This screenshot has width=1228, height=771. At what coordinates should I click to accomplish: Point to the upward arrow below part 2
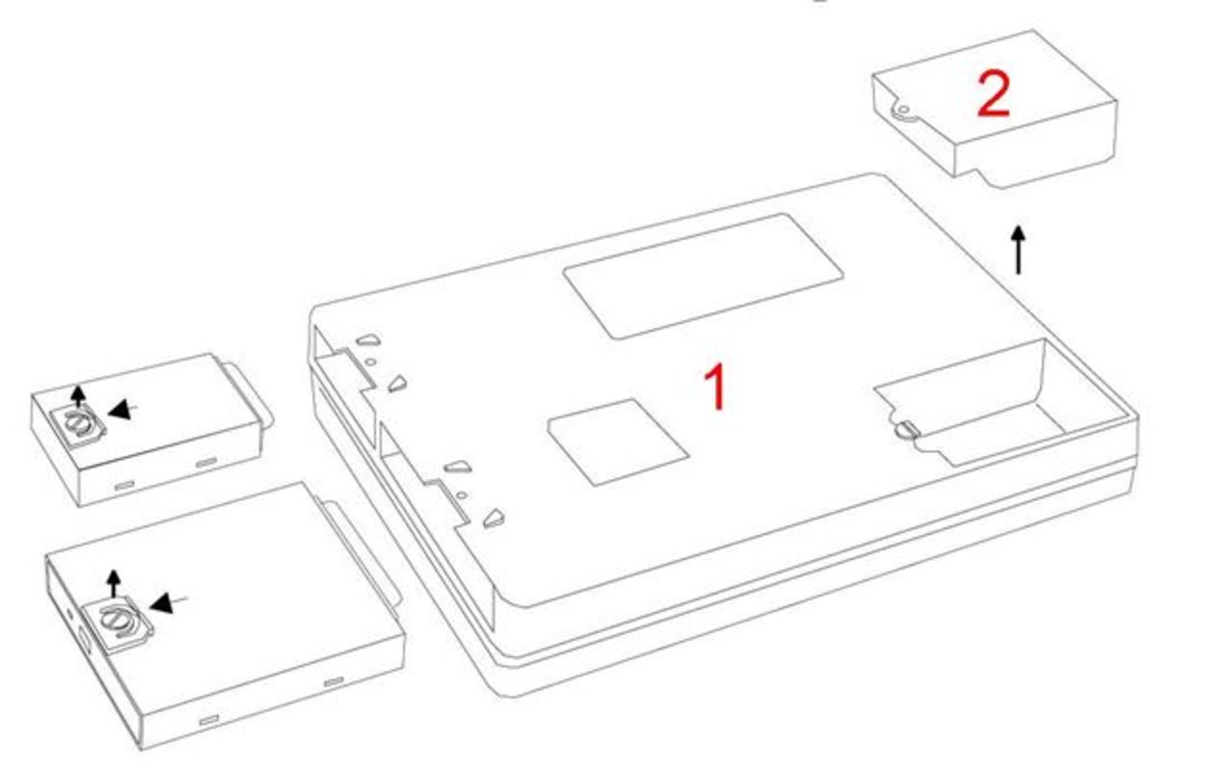coord(1018,250)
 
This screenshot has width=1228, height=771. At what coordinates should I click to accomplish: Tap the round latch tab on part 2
coord(902,111)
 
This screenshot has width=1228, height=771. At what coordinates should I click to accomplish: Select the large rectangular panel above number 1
coord(704,276)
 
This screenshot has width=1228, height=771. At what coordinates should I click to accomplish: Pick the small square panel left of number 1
coord(618,442)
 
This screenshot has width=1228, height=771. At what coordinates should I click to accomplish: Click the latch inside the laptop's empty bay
coord(907,430)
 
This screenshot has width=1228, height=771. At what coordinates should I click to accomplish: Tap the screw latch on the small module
coord(76,424)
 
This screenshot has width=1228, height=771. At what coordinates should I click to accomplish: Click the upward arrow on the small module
coord(79,396)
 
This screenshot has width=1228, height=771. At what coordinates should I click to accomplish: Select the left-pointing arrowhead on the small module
coord(120,409)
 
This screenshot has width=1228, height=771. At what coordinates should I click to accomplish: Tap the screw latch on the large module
coord(117,622)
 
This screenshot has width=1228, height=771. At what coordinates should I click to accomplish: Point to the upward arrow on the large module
coord(114,583)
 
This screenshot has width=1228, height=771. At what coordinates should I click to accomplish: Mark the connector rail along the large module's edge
coord(360,550)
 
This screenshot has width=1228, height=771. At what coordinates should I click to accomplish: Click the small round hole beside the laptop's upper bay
coord(370,361)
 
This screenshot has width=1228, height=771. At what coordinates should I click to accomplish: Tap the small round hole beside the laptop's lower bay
coord(462,495)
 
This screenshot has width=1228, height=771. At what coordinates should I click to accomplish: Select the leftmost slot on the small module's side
coord(124,486)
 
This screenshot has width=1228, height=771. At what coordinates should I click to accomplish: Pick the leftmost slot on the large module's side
coord(209,720)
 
